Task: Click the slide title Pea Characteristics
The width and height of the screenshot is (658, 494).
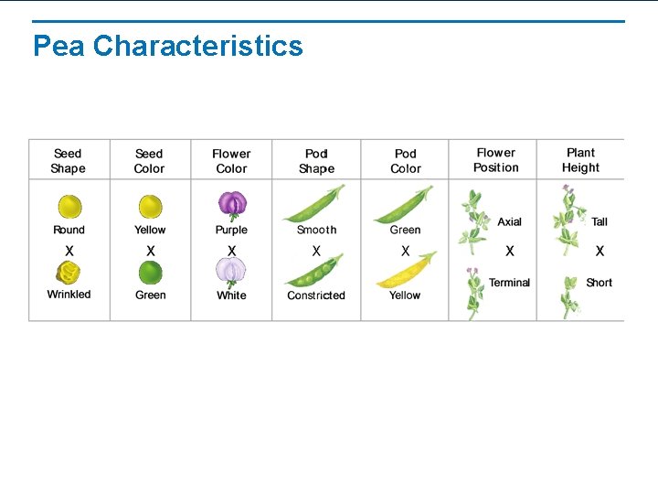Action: point(167,46)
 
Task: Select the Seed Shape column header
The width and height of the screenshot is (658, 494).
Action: point(68,161)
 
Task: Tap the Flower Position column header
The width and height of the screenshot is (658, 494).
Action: point(495,160)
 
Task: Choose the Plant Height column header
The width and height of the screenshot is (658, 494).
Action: point(580,160)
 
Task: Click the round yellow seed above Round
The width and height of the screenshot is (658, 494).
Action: point(69,207)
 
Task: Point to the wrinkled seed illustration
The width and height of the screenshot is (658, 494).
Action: point(69,272)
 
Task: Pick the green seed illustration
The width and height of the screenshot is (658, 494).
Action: point(150,273)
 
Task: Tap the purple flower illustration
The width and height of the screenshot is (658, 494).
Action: point(231,206)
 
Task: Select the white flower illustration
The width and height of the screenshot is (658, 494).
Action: point(231,272)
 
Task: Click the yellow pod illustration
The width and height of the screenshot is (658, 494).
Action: point(404,271)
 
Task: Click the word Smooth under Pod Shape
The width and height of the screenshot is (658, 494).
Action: point(316,231)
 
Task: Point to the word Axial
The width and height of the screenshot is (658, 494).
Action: point(509,222)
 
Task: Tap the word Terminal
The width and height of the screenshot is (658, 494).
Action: point(509,283)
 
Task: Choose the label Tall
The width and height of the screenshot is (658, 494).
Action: point(600,222)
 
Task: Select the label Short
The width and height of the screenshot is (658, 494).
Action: point(599,283)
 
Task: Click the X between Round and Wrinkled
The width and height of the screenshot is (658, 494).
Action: point(69,251)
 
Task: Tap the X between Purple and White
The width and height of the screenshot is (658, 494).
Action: point(231,251)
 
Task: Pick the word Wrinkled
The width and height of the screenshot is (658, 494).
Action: point(69,295)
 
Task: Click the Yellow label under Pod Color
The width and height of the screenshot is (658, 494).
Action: point(404,295)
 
